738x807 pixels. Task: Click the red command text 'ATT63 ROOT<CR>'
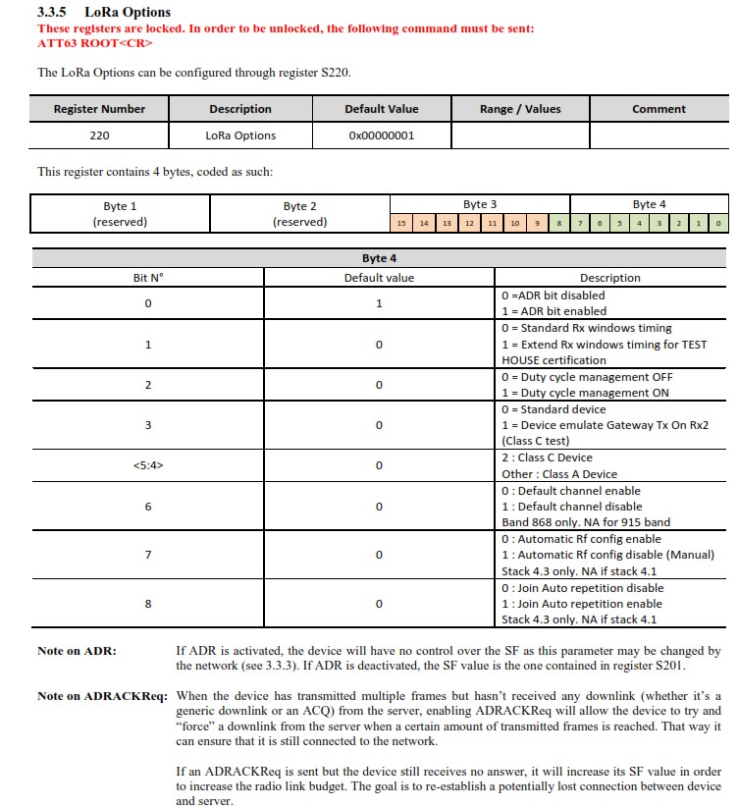tap(86, 44)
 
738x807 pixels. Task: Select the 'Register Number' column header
tap(99, 109)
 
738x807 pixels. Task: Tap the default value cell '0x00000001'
tap(382, 135)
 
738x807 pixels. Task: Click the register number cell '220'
tap(99, 135)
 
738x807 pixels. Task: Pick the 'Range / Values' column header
tap(520, 109)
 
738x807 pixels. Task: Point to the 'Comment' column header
tap(659, 109)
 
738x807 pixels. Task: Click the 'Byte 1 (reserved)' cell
tap(120, 214)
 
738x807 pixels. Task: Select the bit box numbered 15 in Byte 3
tap(401, 224)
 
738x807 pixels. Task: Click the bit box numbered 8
tap(559, 224)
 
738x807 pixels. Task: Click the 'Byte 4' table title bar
tap(379, 258)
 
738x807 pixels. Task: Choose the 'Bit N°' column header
tap(148, 278)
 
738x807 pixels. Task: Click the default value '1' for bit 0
tap(379, 303)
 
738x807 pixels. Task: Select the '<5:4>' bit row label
tap(148, 465)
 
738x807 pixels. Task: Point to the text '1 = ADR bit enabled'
tap(553, 311)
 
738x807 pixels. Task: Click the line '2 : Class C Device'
tap(547, 457)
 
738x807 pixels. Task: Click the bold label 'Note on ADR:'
tap(77, 651)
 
